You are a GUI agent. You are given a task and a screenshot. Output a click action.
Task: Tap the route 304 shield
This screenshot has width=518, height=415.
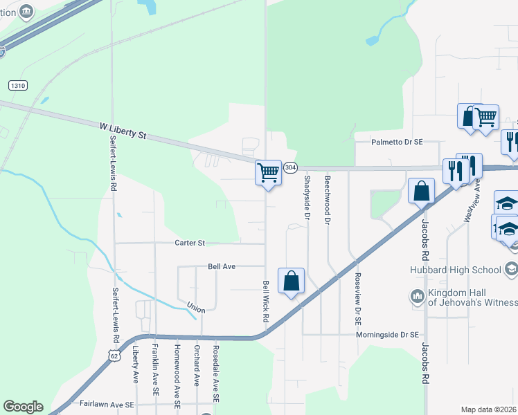coord(291,167)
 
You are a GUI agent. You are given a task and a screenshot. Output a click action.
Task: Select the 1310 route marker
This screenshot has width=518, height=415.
coord(18,85)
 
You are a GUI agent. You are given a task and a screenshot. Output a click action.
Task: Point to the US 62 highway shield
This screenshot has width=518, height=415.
coord(112,354)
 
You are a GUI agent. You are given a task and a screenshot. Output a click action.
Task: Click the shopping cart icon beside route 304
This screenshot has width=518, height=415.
coord(268,172)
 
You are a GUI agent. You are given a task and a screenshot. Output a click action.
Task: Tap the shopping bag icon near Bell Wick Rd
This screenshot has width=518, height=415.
coord(292,281)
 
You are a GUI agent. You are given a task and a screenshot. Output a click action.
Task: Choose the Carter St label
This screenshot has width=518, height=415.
coord(190,243)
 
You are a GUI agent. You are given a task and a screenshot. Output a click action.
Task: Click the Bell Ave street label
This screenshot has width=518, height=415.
coord(222,266)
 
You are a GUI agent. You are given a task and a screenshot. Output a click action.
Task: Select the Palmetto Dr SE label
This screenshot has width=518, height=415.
coord(396,142)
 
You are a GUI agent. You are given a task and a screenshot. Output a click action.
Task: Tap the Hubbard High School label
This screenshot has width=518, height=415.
coord(465,270)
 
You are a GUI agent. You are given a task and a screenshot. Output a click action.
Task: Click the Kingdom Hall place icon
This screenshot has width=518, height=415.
coord(418,296)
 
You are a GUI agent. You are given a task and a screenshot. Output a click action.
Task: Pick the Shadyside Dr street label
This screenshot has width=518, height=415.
coord(307,198)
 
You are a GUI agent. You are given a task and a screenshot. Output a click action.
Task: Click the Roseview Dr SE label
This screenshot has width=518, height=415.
coord(358,294)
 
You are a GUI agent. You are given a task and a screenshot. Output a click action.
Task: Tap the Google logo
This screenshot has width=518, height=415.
coord(23,407)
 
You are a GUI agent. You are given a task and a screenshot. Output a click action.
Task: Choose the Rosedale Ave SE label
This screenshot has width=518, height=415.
coord(216,374)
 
